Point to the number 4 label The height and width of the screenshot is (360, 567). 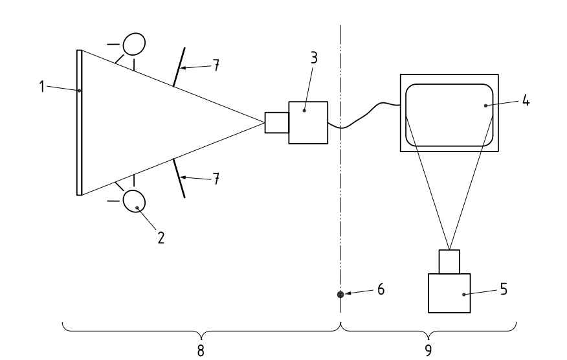pos(526,102)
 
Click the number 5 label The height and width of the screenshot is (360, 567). pos(504,289)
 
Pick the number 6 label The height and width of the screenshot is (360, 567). pos(381,289)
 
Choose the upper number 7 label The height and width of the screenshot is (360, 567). pos(216,66)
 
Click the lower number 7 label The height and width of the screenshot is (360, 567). pos(216,179)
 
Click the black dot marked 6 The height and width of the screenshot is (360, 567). pos(340,295)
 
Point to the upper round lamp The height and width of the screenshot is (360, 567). pos(134,43)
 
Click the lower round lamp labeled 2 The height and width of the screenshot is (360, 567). pos(134,201)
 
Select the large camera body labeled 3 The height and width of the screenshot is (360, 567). pos(308,122)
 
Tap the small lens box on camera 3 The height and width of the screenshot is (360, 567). pos(276,122)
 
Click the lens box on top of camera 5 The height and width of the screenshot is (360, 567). pos(450,262)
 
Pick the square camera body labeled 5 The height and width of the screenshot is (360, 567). pos(450,294)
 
